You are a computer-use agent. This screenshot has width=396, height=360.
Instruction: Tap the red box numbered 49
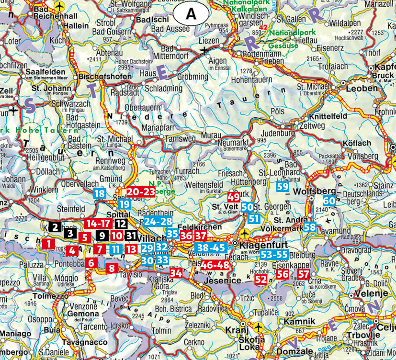point(234,197)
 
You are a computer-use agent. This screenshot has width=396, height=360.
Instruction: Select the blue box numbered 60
point(329,202)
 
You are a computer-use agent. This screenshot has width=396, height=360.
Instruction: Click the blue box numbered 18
point(100,194)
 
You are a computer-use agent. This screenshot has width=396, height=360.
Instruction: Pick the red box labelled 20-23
point(141,191)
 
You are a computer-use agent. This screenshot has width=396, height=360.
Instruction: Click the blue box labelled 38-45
point(211,248)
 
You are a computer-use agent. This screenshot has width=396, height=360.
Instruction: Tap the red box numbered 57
point(304,274)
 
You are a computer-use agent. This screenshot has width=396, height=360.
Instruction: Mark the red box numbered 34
point(176,273)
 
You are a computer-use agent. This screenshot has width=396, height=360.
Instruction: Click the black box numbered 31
point(131,236)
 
